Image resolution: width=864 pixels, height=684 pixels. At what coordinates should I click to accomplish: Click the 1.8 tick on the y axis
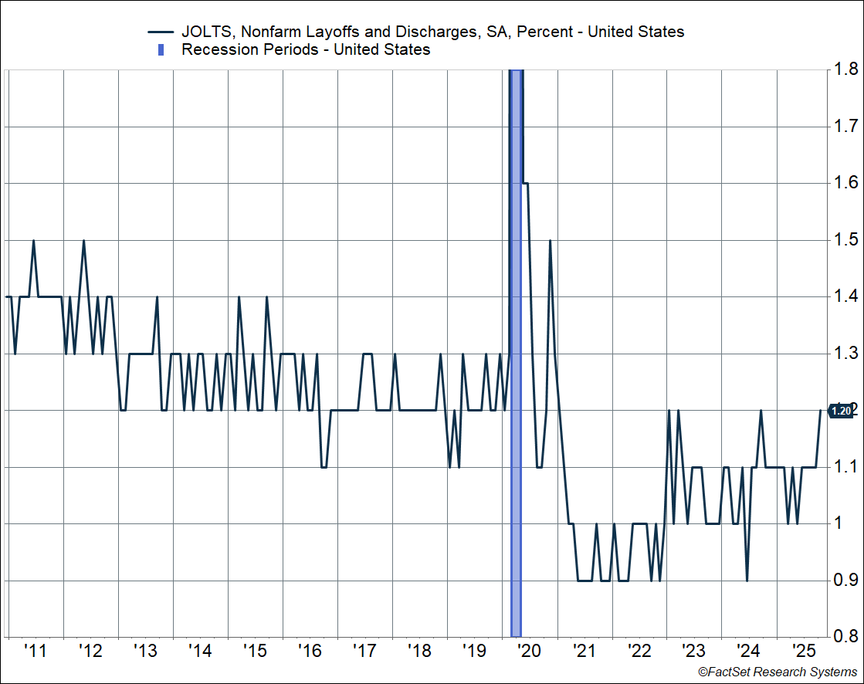[x=845, y=69]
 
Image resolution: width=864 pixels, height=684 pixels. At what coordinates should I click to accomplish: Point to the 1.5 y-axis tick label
[x=845, y=240]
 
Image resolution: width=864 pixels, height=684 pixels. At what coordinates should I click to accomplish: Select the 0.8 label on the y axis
[x=845, y=637]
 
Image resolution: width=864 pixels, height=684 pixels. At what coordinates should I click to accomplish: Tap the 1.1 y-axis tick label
[x=845, y=467]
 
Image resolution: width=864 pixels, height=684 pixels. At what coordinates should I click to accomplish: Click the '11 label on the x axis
[x=35, y=650]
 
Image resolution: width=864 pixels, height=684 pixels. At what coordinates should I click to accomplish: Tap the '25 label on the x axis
[x=802, y=650]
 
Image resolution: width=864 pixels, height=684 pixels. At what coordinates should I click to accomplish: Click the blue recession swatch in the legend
[x=161, y=50]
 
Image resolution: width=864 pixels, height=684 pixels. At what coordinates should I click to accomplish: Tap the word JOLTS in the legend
[x=204, y=32]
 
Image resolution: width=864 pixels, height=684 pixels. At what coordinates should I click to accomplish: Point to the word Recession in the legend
[x=217, y=50]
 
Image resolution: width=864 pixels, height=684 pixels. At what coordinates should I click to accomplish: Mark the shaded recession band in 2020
[x=517, y=347]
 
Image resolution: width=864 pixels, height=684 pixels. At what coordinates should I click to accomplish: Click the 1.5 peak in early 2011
[x=33, y=241]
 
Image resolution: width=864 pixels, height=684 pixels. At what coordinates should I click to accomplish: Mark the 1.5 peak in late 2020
[x=550, y=241]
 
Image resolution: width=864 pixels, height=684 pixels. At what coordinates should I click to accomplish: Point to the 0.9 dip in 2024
[x=747, y=580]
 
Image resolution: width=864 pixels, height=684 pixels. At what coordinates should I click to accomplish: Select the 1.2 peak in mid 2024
[x=761, y=411]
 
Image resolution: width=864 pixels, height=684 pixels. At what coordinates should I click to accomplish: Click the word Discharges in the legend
[x=421, y=32]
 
